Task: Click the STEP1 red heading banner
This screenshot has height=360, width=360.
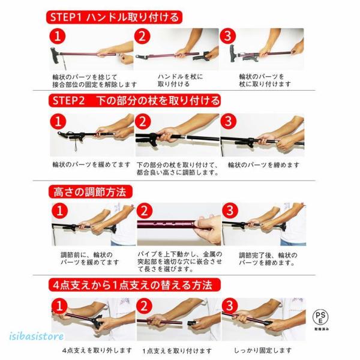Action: click(x=114, y=17)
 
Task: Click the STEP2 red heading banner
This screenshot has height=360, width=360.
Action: click(x=134, y=101)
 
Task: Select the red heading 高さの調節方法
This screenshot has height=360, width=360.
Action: click(x=91, y=192)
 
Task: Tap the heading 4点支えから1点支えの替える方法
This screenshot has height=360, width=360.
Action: click(x=134, y=285)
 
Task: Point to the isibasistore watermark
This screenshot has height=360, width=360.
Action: click(x=37, y=337)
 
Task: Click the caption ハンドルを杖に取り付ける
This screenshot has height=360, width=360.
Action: click(x=181, y=80)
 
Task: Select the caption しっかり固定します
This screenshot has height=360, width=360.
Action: click(x=263, y=350)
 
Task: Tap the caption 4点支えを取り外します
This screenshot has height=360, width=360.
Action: click(x=97, y=350)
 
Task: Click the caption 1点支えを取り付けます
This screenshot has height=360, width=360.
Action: click(x=177, y=351)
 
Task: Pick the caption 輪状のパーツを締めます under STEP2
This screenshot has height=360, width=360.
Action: click(x=264, y=165)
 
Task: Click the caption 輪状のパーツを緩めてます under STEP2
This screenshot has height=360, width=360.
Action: click(x=91, y=164)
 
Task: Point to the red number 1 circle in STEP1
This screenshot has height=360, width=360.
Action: click(x=58, y=36)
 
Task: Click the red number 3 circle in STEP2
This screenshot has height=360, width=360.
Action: click(x=228, y=121)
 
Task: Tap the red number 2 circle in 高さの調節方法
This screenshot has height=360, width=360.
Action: click(x=145, y=211)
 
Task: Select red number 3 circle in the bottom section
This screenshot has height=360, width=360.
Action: click(x=230, y=305)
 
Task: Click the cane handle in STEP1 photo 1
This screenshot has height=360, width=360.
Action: click(x=55, y=55)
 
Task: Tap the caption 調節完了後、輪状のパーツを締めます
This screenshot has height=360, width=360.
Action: click(x=268, y=259)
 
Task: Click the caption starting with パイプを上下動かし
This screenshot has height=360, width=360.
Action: click(x=180, y=262)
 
